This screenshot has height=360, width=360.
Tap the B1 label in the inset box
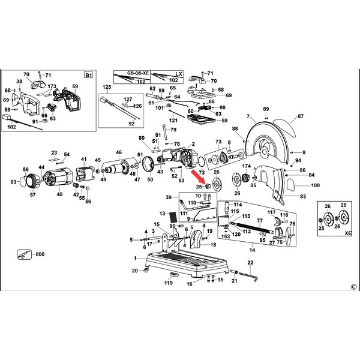[x=88, y=74]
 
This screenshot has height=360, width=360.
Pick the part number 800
[x=40, y=256]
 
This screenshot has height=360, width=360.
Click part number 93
[x=14, y=182]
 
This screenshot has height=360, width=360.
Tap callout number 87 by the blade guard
[x=301, y=116]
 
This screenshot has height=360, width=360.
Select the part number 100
[x=316, y=185]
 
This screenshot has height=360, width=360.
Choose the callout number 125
[x=107, y=88]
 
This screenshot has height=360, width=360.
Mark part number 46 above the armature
[x=119, y=152]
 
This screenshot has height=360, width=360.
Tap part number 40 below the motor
[x=59, y=194]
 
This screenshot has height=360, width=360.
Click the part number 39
[x=169, y=197]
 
